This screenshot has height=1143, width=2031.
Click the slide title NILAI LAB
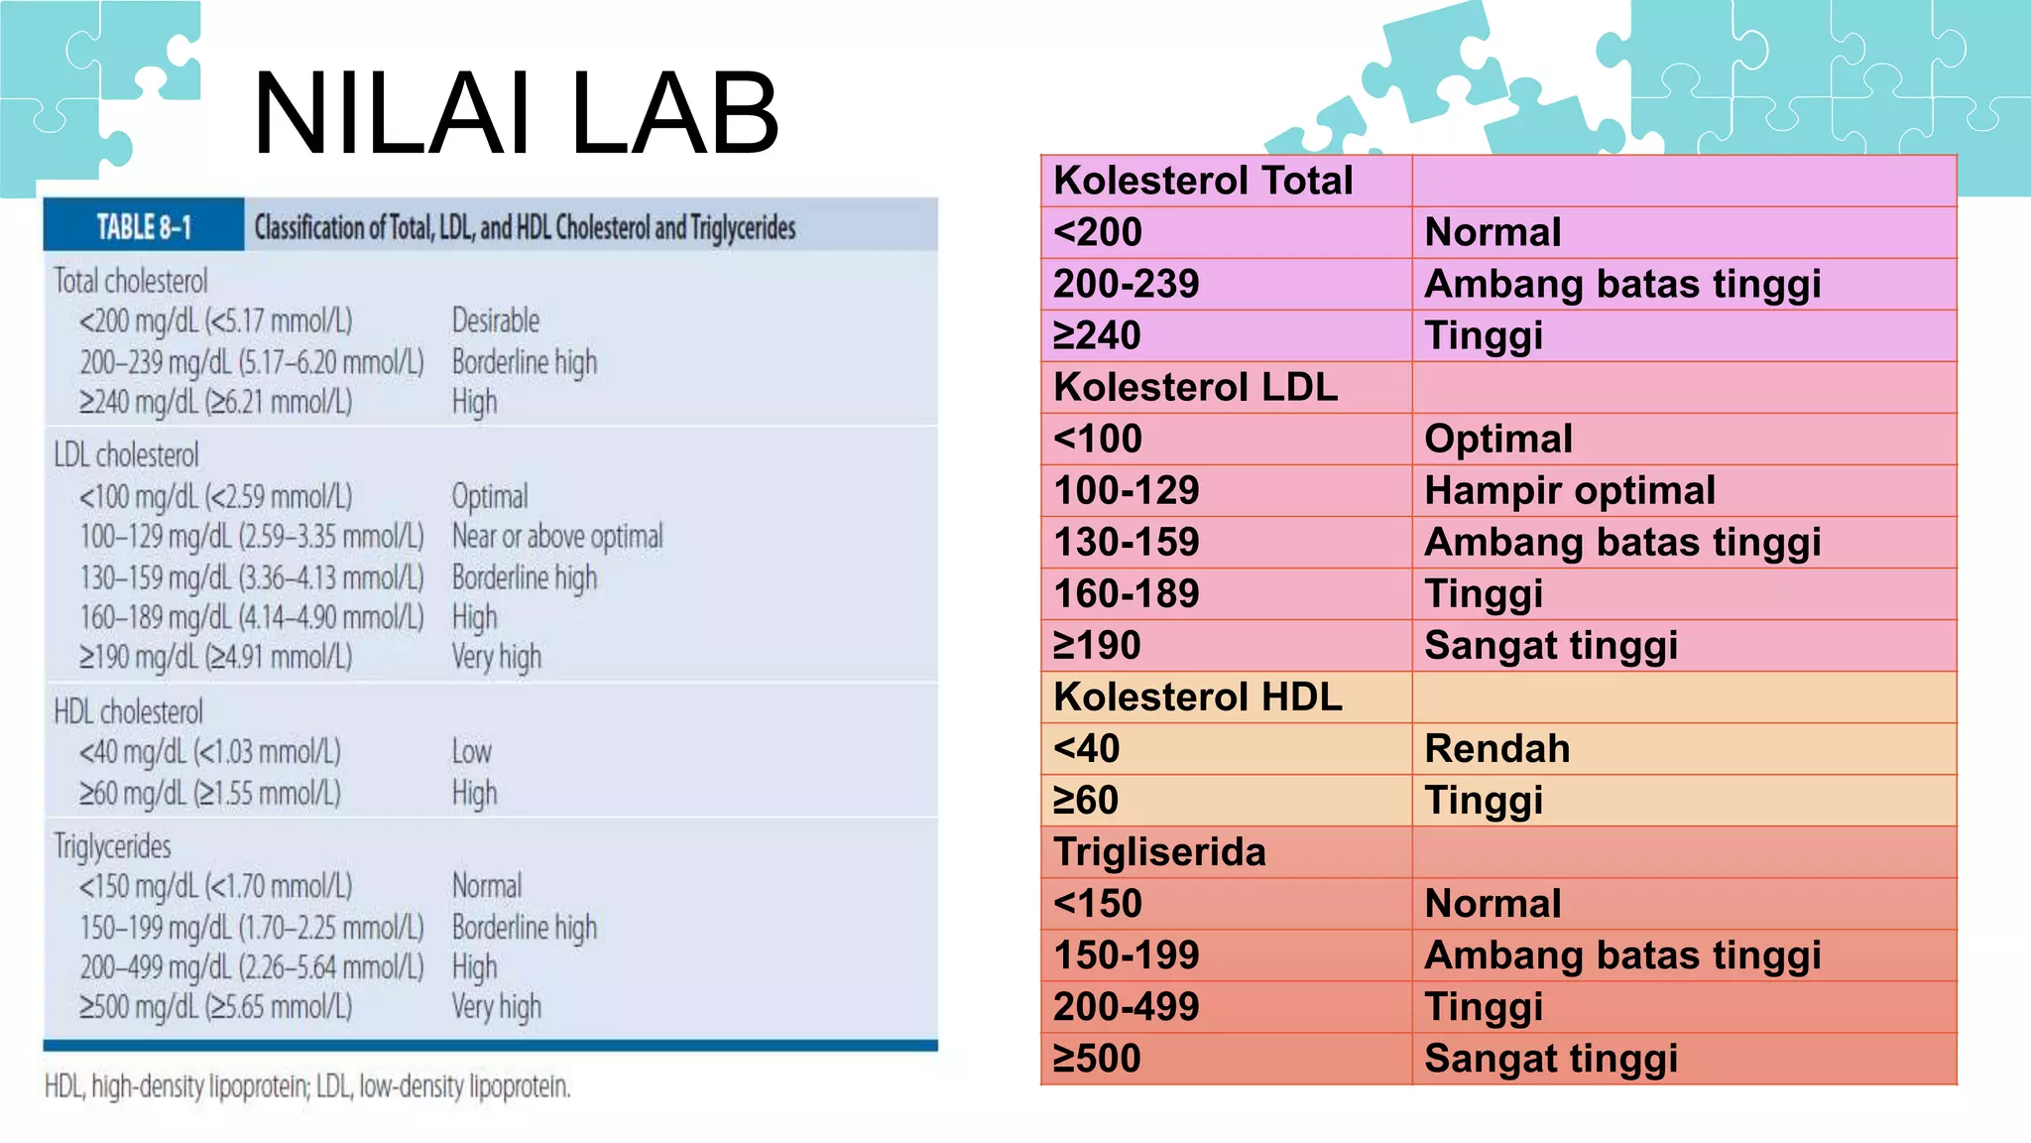(516, 114)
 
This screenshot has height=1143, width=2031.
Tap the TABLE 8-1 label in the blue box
(144, 227)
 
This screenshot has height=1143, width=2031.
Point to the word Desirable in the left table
(496, 320)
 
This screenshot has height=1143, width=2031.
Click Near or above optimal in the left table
(557, 537)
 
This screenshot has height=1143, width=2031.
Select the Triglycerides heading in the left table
(112, 846)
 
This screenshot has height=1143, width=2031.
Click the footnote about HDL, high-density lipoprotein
(307, 1086)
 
